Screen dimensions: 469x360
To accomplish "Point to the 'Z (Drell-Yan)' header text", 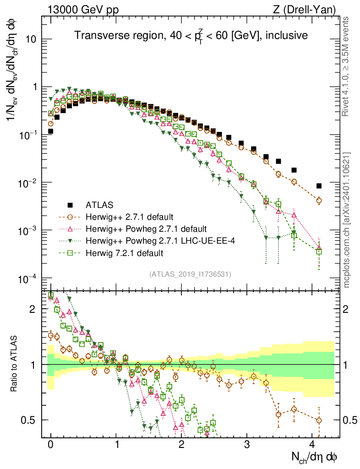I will click(310, 9).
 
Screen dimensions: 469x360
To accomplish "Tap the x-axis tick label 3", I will click(247, 445).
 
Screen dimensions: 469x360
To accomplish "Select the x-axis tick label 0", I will click(51, 445).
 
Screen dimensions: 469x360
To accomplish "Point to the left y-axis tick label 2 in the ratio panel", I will click(33, 309).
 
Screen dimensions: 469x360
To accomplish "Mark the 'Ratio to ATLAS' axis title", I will click(15, 365).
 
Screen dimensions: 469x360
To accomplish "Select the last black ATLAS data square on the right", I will click(319, 185).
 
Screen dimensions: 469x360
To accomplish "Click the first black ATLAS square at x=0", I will click(51, 131).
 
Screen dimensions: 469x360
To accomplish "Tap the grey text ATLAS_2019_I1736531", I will click(190, 274).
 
